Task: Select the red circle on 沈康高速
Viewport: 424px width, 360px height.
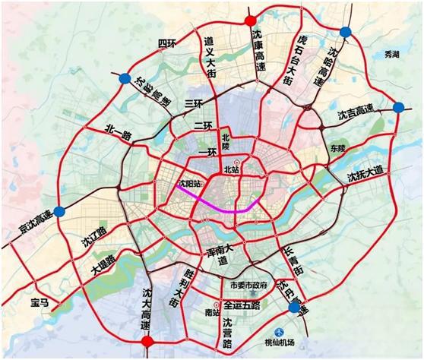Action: pos(251,20)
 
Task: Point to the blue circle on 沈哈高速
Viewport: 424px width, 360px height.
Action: pos(346,31)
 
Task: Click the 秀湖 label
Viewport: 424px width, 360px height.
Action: pos(391,55)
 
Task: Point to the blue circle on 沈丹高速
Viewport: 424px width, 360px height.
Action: pos(294,307)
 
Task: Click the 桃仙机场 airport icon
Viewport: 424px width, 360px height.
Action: pos(279,332)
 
